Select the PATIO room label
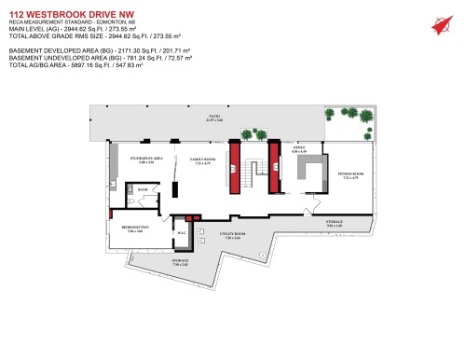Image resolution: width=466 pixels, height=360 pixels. tap(214, 117)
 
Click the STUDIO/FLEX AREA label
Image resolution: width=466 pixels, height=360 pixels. tap(146, 160)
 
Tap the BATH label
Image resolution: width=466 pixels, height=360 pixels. tap(143, 189)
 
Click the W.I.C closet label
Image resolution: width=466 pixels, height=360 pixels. tap(182, 232)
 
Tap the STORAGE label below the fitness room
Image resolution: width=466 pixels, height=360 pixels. tap(335, 223)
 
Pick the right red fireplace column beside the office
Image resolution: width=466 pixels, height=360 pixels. tap(274, 166)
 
